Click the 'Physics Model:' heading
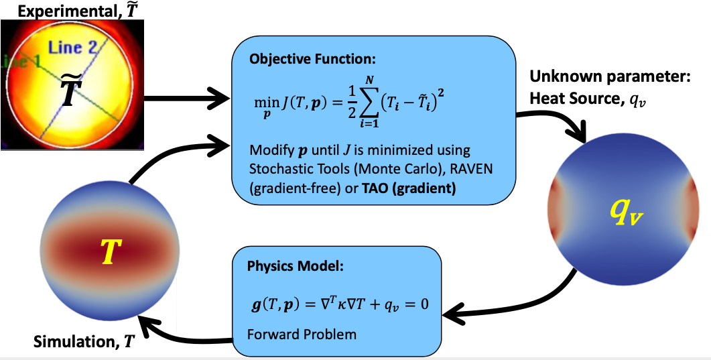point(294,266)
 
